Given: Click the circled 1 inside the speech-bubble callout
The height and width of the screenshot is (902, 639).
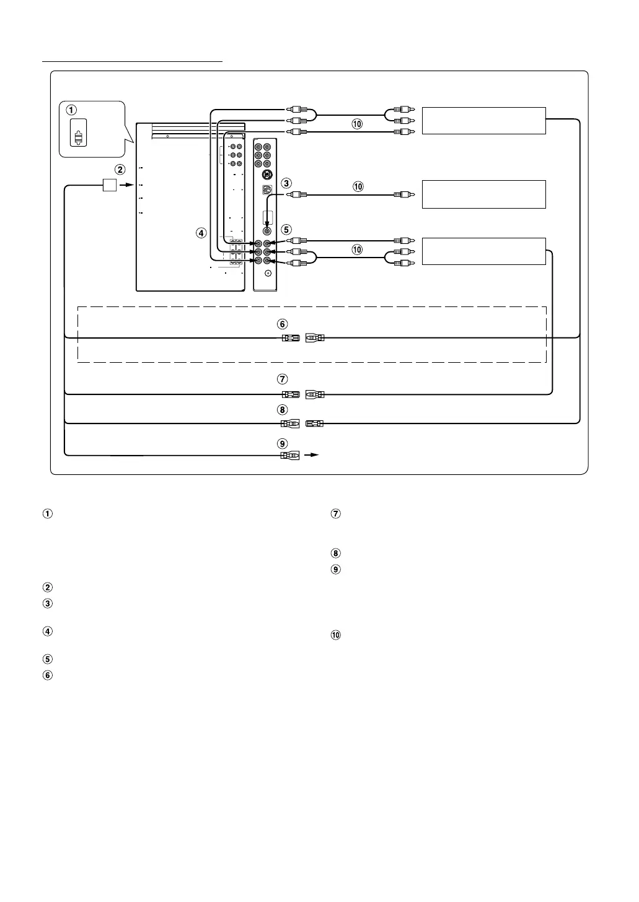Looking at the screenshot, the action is click(x=71, y=110).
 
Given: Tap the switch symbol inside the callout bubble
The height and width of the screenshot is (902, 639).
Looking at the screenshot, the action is click(x=78, y=132).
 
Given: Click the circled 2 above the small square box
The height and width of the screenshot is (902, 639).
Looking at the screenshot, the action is click(x=120, y=170).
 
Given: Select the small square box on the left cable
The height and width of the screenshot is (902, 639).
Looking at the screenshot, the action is click(x=110, y=185).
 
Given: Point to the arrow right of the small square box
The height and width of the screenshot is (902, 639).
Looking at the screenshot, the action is click(x=126, y=185).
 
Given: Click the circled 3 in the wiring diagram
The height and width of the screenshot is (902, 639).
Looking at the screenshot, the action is click(x=286, y=183).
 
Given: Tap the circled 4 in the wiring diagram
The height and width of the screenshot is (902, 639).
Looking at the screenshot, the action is click(x=201, y=233).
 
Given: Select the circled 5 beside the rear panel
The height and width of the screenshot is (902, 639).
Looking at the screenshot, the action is click(x=286, y=230).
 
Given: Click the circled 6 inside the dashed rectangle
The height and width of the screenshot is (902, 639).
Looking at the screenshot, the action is click(x=282, y=324).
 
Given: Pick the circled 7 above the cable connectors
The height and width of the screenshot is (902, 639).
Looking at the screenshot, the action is click(x=282, y=379).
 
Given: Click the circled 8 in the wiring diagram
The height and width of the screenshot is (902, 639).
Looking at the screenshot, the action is click(x=282, y=410).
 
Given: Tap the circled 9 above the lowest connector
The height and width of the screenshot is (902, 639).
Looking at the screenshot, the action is click(x=282, y=444).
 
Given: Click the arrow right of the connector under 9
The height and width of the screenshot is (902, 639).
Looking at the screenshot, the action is click(x=311, y=455).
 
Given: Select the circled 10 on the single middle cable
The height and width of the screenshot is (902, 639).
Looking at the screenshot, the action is click(x=358, y=186).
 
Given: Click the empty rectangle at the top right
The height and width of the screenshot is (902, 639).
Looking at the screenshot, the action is click(x=484, y=121).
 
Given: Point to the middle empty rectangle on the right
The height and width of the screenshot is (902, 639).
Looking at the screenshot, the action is click(x=484, y=194).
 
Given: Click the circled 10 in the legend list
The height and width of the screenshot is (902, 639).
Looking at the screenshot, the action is click(x=335, y=635).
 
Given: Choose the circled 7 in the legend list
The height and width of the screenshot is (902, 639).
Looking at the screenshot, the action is click(x=335, y=513).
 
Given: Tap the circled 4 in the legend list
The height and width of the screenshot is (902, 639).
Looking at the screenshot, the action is click(x=48, y=631).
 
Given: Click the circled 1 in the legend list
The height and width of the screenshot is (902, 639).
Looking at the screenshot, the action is click(x=48, y=514).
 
